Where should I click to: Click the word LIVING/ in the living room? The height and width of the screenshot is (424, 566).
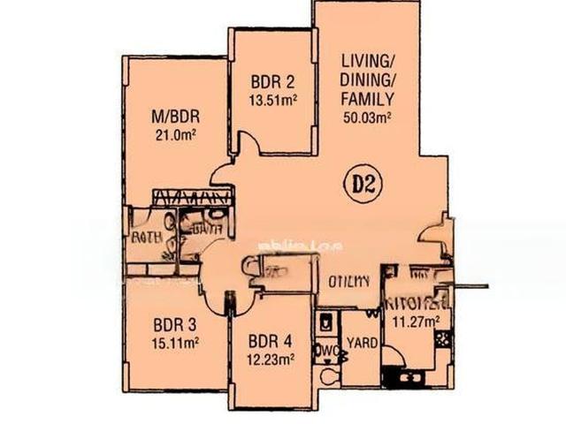pyautogui.click(x=367, y=62)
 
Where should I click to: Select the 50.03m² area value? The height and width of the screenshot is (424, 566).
pyautogui.click(x=368, y=116)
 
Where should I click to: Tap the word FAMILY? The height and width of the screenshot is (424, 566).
pyautogui.click(x=367, y=98)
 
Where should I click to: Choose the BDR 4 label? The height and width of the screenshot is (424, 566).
pyautogui.click(x=270, y=342)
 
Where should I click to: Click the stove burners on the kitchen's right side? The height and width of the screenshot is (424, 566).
pyautogui.click(x=441, y=337)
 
